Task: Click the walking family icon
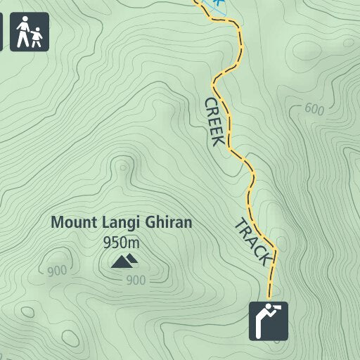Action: click(x=29, y=32)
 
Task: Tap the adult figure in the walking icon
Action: click(x=23, y=31)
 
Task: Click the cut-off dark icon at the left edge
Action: click(x=1, y=32)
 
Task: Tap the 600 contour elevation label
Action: click(x=315, y=109)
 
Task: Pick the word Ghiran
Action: click(x=169, y=223)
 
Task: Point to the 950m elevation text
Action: click(x=121, y=243)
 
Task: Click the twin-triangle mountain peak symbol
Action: click(x=125, y=262)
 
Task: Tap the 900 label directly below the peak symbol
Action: click(x=136, y=281)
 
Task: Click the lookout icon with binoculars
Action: click(x=269, y=321)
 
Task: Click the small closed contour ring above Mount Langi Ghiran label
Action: click(x=124, y=167)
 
